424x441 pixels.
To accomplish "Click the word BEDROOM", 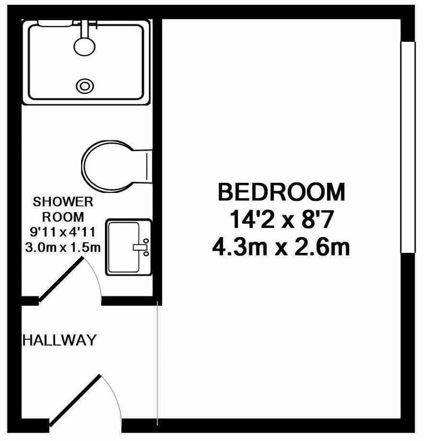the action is point(281,192).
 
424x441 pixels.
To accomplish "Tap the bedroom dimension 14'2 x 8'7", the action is point(281,220).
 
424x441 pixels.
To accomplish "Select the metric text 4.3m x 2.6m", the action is point(281,247).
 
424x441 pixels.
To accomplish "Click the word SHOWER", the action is point(63,202).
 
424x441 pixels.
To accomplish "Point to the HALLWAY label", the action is point(59,340).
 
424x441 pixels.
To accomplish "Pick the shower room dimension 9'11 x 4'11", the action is point(63,232).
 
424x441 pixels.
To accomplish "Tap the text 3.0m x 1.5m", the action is point(63,248).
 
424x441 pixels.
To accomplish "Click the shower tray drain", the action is point(85,86).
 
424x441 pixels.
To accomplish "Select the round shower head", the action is point(84,47).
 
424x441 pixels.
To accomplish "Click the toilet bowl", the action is point(107,165).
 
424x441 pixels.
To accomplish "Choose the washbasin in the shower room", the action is point(128,247).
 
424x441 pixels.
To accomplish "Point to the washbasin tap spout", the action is point(140,247).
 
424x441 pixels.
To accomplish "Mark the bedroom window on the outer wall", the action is point(408,147).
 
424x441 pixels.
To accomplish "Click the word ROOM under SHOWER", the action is point(63,217).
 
